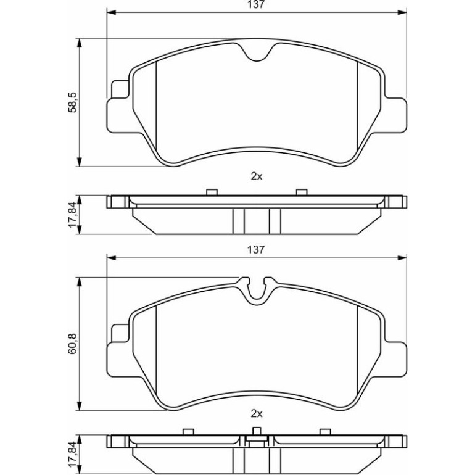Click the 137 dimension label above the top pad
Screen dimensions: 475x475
point(257,4)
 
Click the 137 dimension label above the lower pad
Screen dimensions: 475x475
point(257,250)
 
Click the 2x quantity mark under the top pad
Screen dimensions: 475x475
point(257,176)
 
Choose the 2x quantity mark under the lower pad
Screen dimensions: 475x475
point(257,413)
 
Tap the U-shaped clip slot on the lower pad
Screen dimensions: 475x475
point(257,291)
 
